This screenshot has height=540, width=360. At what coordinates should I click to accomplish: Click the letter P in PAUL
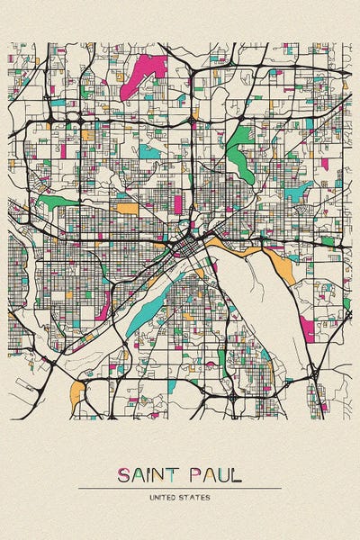point(194,475)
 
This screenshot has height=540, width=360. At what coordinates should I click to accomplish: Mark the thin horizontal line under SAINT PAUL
point(180,488)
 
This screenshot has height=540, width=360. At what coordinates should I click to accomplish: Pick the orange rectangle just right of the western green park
point(128,209)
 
